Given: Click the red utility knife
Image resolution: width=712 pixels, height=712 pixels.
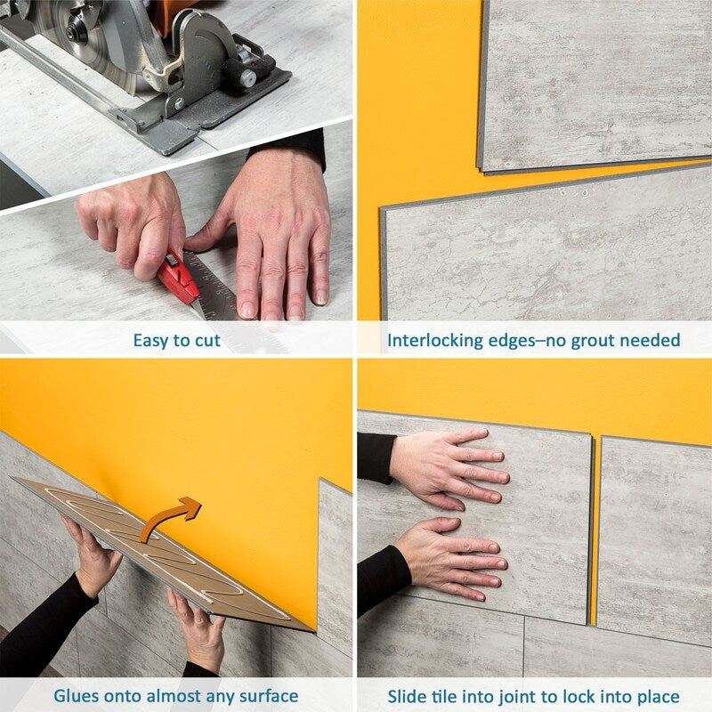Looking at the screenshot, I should coord(180,276).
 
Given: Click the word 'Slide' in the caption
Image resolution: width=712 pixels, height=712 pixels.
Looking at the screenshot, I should coord(407,696).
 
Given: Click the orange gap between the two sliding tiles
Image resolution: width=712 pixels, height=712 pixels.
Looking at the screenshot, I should coord(594,534).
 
